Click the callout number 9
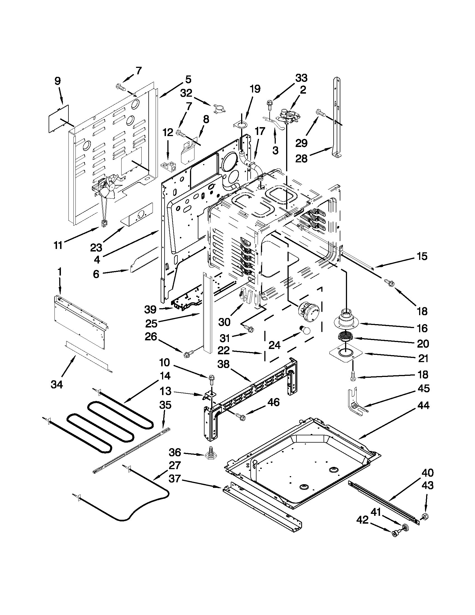click(57, 82)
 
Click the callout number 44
click(423, 406)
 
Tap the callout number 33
click(301, 78)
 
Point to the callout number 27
click(174, 465)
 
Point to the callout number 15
click(422, 256)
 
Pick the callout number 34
click(57, 384)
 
